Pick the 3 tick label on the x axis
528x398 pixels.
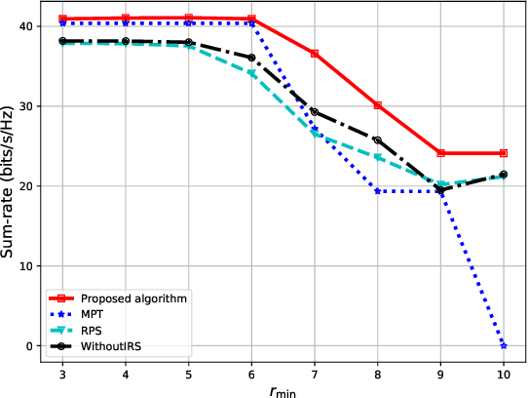[62, 372]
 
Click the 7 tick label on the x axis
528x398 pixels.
[315, 372]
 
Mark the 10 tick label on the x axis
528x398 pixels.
[503, 372]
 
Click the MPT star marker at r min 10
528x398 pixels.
[503, 345]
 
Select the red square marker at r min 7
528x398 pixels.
[315, 54]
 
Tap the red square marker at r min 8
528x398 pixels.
[377, 105]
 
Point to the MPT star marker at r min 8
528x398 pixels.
[377, 191]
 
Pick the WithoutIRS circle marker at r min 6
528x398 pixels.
[251, 58]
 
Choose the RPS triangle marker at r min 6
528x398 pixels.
[251, 73]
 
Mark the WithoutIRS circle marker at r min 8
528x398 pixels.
[377, 140]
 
